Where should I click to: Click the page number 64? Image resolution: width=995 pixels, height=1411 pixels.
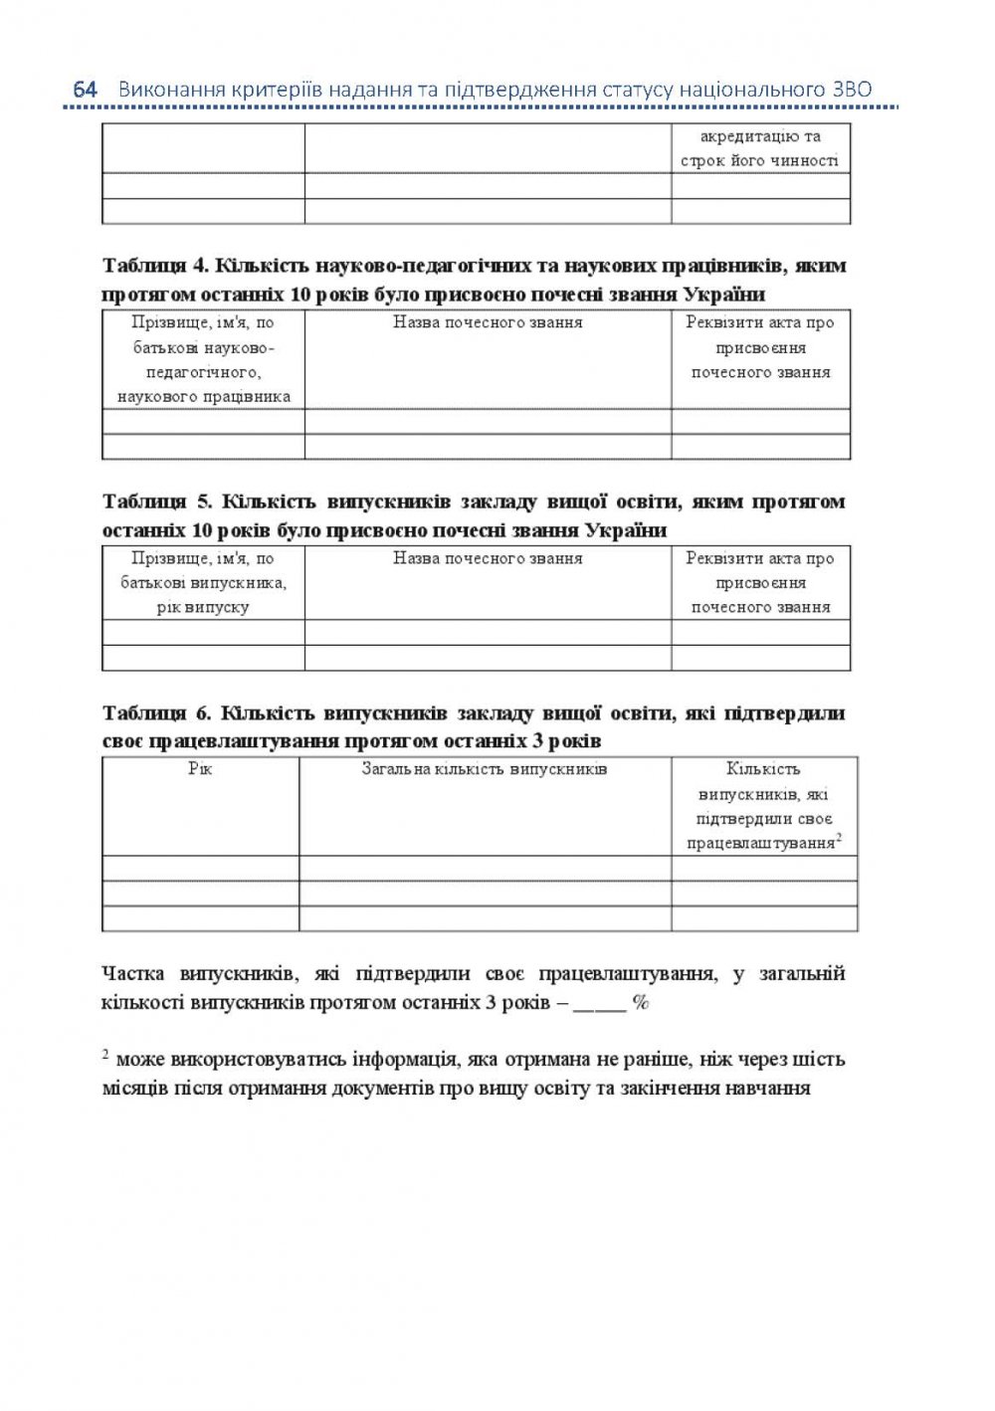[x=86, y=90]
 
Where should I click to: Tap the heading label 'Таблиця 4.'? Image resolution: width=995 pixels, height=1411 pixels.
[x=153, y=266]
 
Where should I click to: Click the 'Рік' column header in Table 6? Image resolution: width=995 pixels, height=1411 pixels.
[x=200, y=769]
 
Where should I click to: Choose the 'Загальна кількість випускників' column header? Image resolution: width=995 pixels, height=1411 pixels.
[x=485, y=769]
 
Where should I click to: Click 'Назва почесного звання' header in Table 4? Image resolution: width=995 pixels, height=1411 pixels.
[x=488, y=322]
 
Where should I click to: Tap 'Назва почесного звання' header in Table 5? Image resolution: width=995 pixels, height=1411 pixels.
[x=488, y=558]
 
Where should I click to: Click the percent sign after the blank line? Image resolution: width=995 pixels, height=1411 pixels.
[x=641, y=1002]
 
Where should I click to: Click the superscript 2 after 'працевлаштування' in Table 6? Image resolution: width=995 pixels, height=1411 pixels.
[x=839, y=838]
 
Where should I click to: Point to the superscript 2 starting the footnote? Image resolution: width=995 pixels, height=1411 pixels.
[x=105, y=1055]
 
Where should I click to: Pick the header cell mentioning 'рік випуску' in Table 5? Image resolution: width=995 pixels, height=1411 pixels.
[x=203, y=607]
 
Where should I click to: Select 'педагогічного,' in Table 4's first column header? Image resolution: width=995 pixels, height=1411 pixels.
[x=203, y=372]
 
